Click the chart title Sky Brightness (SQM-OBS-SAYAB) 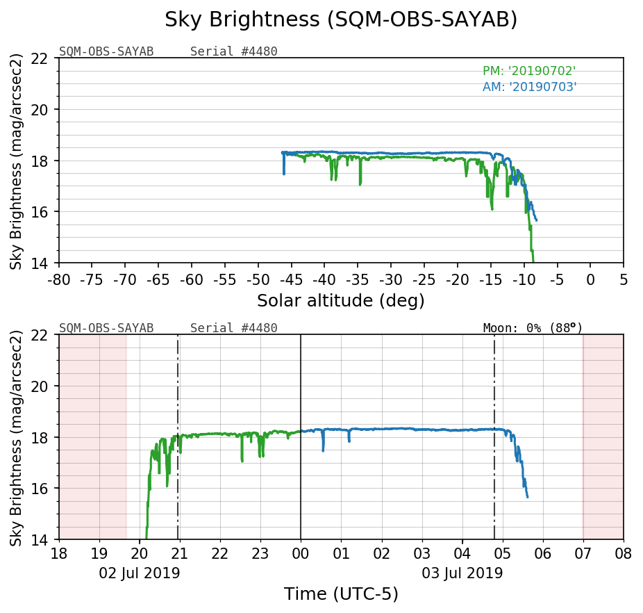(x=341, y=20)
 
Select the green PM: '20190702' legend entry (x=529, y=71)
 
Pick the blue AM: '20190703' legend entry (x=529, y=87)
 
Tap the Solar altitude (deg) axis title (x=341, y=301)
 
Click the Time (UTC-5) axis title (x=341, y=594)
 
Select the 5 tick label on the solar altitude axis (x=624, y=279)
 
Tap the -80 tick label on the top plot (x=59, y=279)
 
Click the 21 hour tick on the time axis (x=180, y=555)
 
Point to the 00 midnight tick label (x=301, y=555)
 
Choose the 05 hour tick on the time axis (x=502, y=555)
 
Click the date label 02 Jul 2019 (x=140, y=573)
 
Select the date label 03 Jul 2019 (x=462, y=573)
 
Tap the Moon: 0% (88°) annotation (x=533, y=328)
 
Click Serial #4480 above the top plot (x=233, y=51)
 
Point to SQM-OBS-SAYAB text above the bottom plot (x=106, y=328)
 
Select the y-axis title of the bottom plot (x=16, y=437)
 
